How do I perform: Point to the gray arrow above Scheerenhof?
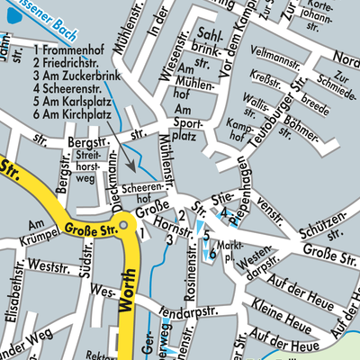click(130, 161)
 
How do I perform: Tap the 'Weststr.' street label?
click(48, 266)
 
